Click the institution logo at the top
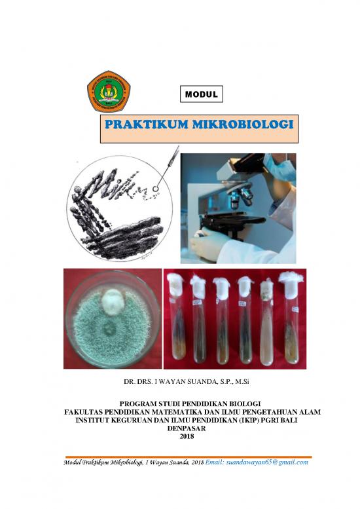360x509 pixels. tap(109, 92)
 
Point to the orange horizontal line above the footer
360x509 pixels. tap(183, 455)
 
